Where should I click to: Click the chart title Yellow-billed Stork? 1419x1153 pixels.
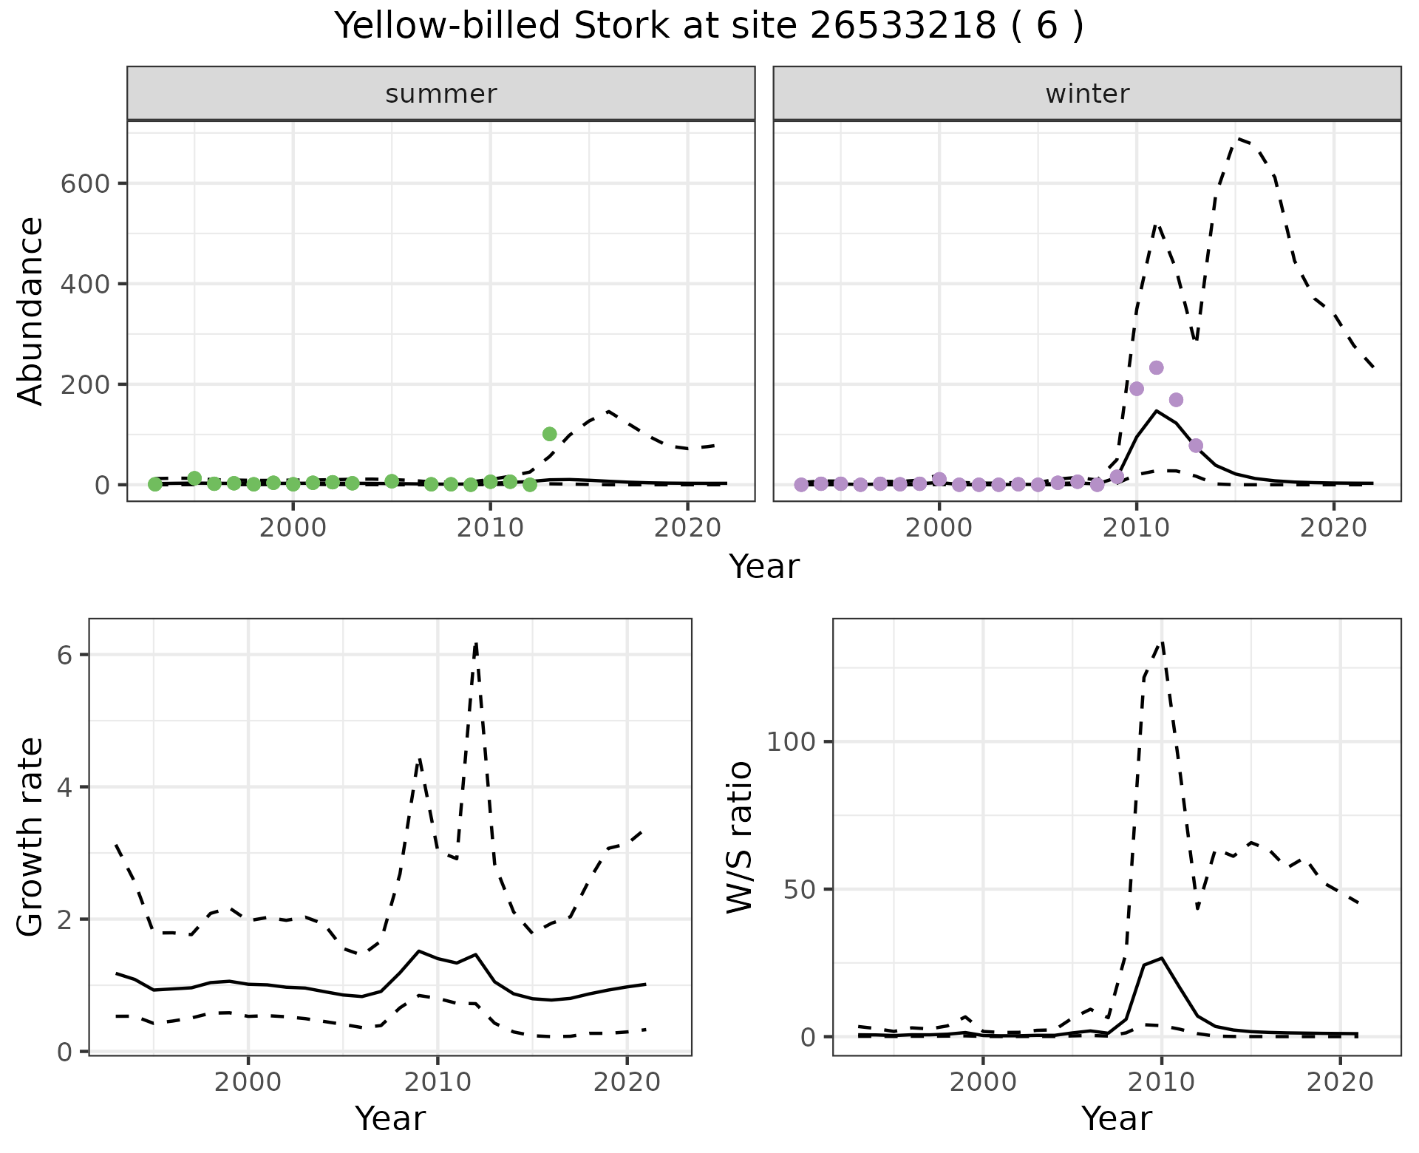709,27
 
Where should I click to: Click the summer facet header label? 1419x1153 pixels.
441,94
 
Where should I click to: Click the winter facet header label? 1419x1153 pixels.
1087,94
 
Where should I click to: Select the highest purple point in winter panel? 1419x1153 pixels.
1157,368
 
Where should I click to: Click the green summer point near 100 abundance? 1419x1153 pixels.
549,434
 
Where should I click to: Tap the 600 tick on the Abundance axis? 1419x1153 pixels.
84,184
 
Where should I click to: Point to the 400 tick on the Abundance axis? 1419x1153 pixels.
84,285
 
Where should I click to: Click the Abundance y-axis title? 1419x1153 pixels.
31,310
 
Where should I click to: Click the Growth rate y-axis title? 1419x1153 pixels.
31,837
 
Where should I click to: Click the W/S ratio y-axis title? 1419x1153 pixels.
739,837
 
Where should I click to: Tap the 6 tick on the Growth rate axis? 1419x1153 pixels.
64,656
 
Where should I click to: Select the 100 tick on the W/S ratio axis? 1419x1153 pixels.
790,742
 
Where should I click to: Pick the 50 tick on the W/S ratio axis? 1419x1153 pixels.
798,889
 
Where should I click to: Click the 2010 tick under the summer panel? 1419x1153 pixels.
491,528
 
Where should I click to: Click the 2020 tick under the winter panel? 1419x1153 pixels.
1334,528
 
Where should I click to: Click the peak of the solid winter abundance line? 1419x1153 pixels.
1157,411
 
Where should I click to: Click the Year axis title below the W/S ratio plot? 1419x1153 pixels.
1116,1119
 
